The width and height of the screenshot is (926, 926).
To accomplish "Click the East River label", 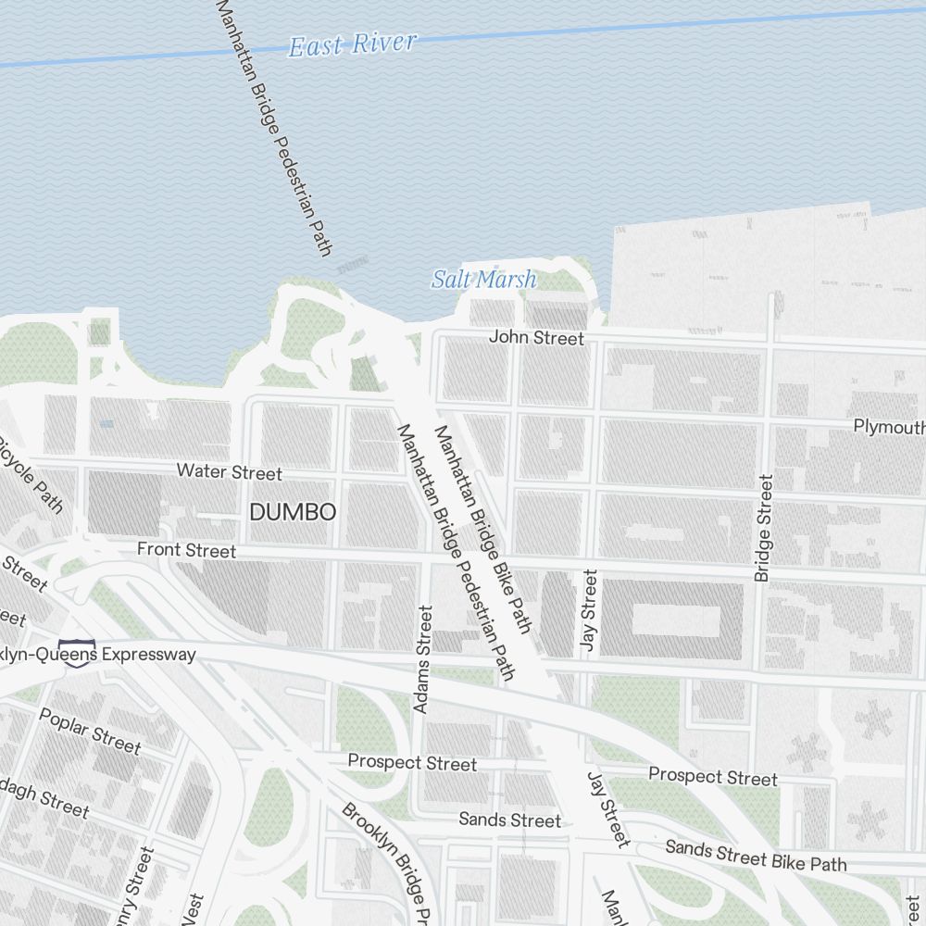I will [x=352, y=44].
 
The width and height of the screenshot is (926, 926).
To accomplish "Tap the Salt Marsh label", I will [x=483, y=279].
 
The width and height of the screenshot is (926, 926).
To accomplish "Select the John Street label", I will [x=536, y=338].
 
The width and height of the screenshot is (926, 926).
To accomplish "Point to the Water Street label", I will [x=229, y=472].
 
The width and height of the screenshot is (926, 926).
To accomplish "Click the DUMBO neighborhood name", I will [x=293, y=512].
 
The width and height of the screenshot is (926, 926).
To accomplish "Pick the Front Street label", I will [x=186, y=551].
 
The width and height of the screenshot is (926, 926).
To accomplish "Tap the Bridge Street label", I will [x=763, y=528].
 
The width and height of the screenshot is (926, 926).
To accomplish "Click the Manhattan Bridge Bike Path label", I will [x=482, y=530].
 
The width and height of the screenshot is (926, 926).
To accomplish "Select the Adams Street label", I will [x=423, y=658].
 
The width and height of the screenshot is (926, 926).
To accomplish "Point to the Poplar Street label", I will [x=90, y=732].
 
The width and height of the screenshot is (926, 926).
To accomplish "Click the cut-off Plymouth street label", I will [x=889, y=427].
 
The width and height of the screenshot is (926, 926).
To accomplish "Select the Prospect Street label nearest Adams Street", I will [x=412, y=763].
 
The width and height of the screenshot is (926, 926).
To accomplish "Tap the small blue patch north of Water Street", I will [x=106, y=423].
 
